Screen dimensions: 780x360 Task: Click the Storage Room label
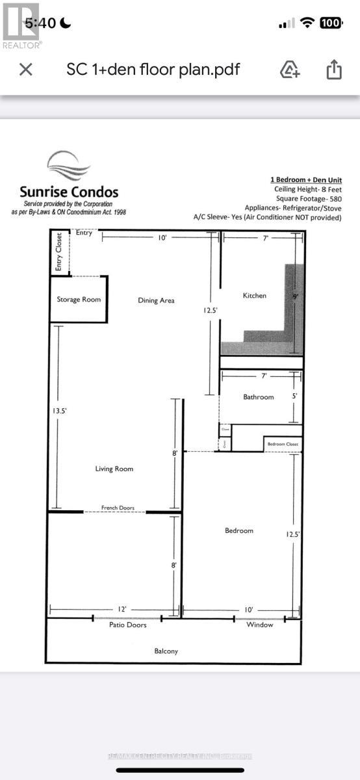(x=79, y=300)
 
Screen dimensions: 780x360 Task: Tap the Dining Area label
(x=157, y=300)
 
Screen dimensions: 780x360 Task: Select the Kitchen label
(x=255, y=296)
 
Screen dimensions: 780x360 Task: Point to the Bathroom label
(x=259, y=396)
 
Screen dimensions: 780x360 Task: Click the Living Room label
(x=114, y=469)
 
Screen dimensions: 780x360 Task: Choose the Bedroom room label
(x=239, y=530)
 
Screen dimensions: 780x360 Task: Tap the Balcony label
(x=166, y=651)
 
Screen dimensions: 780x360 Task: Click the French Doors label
(x=118, y=508)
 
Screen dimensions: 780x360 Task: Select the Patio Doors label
(x=127, y=625)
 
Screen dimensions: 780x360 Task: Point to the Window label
(x=260, y=625)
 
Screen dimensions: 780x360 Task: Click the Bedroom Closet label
(x=282, y=444)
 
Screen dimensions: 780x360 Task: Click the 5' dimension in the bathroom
(x=294, y=395)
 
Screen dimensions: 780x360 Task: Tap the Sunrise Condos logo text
(x=69, y=192)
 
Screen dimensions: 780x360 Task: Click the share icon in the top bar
(x=334, y=70)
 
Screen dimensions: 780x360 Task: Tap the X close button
(x=26, y=70)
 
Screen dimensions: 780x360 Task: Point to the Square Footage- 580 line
(x=304, y=198)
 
